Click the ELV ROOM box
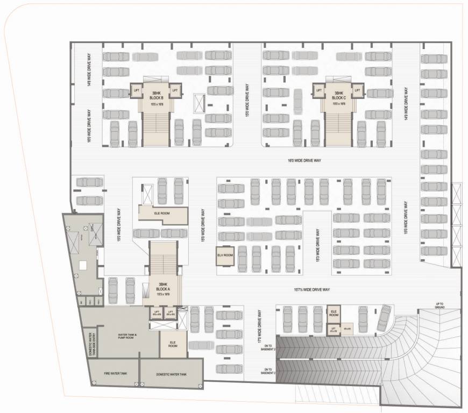[x=224, y=255]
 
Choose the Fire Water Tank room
[x=116, y=373]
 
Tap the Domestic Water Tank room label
[x=171, y=374]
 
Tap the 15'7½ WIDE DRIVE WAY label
[x=311, y=290]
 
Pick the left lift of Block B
[x=136, y=91]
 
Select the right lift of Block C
[x=356, y=91]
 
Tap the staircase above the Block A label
[x=163, y=259]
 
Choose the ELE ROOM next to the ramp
[x=334, y=313]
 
